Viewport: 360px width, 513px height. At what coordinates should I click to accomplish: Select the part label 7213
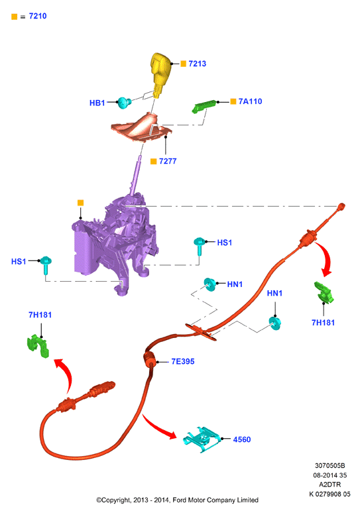pyautogui.click(x=198, y=64)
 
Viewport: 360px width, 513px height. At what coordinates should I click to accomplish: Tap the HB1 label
pyautogui.click(x=97, y=103)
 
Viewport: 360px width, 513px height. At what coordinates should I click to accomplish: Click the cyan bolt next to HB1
pyautogui.click(x=125, y=103)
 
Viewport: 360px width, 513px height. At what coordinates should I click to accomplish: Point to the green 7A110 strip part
pyautogui.click(x=204, y=106)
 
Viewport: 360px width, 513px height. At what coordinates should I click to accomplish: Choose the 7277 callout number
pyautogui.click(x=168, y=161)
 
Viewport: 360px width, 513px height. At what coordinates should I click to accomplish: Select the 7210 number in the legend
pyautogui.click(x=38, y=16)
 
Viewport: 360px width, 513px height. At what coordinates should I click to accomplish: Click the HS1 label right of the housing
pyautogui.click(x=225, y=243)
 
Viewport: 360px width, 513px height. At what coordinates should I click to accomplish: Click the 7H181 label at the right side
pyautogui.click(x=323, y=323)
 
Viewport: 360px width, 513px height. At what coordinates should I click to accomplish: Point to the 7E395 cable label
pyautogui.click(x=183, y=361)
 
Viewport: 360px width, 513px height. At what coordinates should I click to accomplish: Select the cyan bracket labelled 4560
pyautogui.click(x=202, y=439)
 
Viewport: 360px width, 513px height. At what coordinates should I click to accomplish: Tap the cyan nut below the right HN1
pyautogui.click(x=275, y=323)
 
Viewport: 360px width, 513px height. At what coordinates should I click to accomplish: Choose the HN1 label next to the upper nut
pyautogui.click(x=235, y=284)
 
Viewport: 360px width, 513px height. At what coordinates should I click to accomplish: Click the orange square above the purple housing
pyautogui.click(x=80, y=203)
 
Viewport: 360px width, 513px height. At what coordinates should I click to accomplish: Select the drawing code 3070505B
pyautogui.click(x=330, y=465)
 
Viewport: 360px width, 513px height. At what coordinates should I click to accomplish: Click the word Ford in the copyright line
pyautogui.click(x=180, y=500)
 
